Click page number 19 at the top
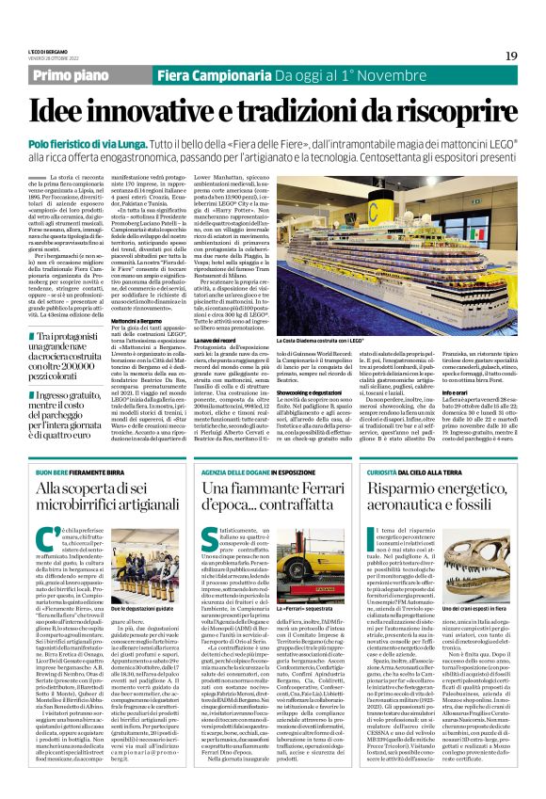pos(510,56)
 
